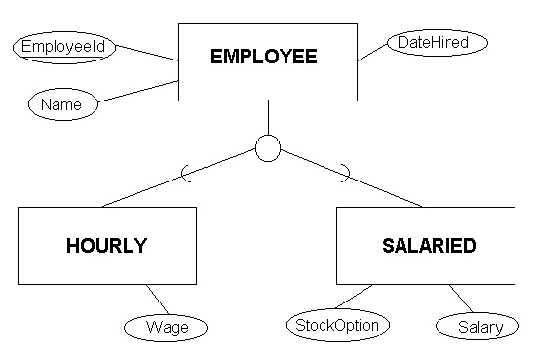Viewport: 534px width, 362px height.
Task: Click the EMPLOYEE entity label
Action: point(264,57)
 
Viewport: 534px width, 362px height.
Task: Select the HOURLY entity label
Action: point(106,246)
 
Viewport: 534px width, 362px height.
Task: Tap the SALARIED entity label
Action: point(429,246)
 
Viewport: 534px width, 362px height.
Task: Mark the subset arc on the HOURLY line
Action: point(182,174)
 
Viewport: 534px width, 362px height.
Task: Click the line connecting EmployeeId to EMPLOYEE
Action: point(147,53)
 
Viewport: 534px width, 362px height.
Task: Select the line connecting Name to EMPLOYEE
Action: point(138,91)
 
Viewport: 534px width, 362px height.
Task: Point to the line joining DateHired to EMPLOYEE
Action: point(372,53)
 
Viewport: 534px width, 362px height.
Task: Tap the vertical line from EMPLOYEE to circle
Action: point(268,118)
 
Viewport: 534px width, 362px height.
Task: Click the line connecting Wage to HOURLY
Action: point(157,300)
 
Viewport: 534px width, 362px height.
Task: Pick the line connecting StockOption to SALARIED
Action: point(354,297)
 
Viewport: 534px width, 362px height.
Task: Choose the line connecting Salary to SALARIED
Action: point(461,299)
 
